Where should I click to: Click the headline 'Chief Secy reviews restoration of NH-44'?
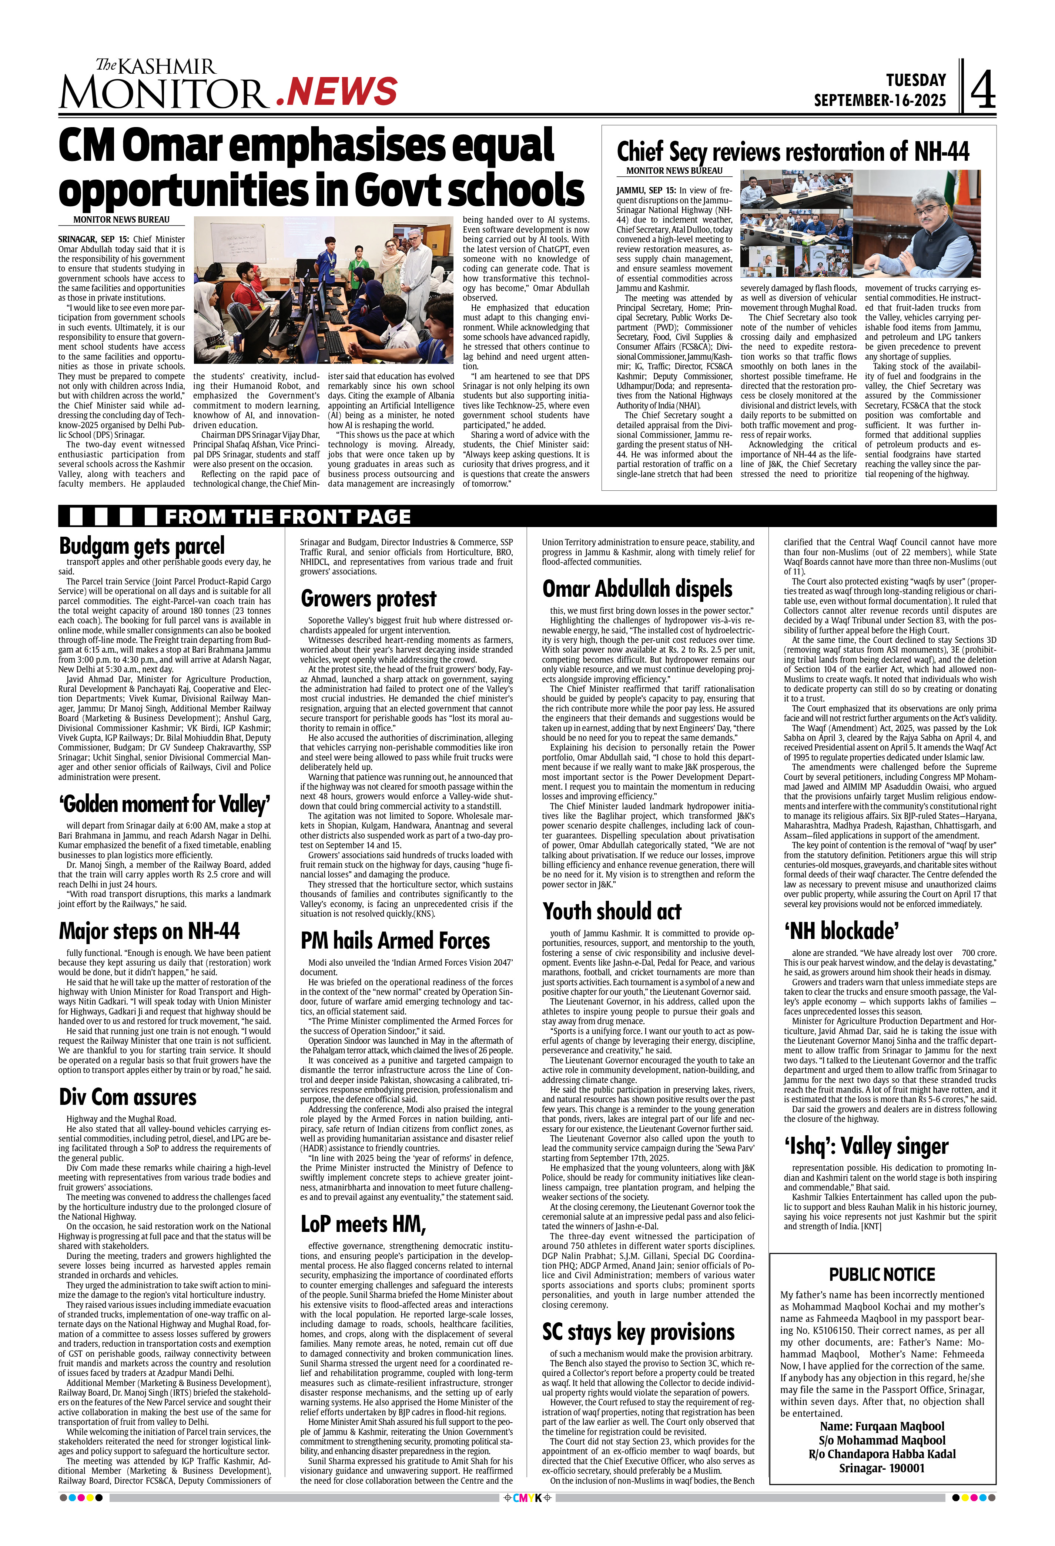coord(793,151)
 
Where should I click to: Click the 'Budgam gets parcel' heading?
coord(142,546)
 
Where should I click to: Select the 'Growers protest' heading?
coord(368,599)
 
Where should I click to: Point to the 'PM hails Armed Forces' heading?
coord(395,941)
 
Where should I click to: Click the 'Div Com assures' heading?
coord(128,1097)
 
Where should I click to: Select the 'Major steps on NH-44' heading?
coord(149,931)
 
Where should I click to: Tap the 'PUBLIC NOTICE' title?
coord(881,1275)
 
